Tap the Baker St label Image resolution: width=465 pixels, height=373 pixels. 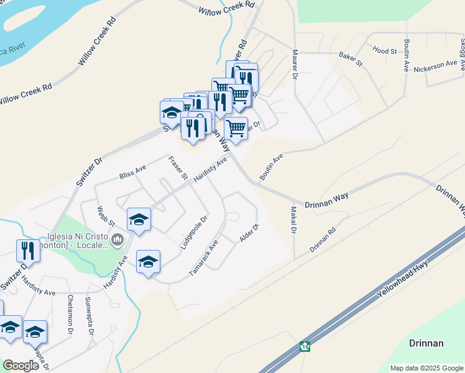tap(350, 59)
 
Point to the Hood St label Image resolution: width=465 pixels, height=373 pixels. tap(384, 50)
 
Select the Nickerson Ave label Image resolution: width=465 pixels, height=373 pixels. tap(435, 67)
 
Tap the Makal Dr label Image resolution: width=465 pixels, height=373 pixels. tap(292, 220)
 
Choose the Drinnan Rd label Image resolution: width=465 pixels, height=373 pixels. tap(323, 239)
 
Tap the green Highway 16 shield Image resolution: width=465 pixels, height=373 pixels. tap(304, 346)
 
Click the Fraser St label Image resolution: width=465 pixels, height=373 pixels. tap(178, 168)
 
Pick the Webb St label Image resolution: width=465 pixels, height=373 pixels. tap(106, 216)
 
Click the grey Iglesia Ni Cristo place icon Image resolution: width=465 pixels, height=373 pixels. tap(117, 238)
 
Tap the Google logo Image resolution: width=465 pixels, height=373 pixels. tap(21, 365)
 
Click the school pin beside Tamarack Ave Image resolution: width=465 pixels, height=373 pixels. tap(148, 262)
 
